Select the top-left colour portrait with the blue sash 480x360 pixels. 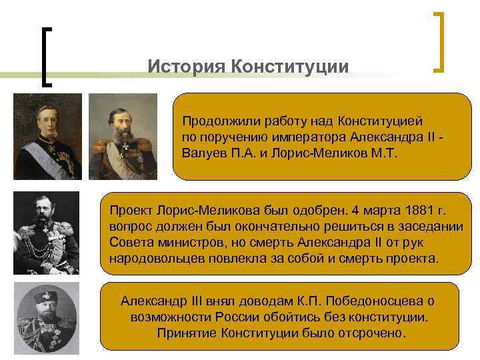click(47, 137)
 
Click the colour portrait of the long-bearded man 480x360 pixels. click(123, 137)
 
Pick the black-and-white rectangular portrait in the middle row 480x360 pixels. click(46, 233)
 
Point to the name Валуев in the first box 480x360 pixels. click(204, 152)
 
